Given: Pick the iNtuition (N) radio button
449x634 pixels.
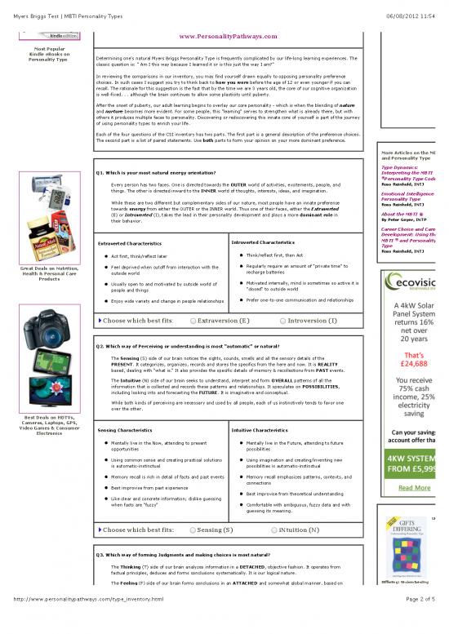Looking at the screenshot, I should pyautogui.click(x=273, y=529).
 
